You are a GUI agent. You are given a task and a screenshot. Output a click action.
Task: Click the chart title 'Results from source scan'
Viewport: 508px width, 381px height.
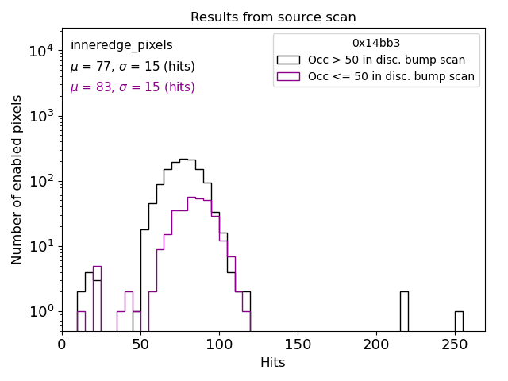(273, 17)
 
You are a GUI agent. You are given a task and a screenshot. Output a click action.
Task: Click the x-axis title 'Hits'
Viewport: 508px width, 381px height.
(273, 363)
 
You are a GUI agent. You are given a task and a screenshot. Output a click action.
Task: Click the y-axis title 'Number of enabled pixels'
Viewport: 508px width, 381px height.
(17, 179)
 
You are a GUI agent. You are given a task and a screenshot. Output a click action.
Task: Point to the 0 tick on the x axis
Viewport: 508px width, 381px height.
(62, 344)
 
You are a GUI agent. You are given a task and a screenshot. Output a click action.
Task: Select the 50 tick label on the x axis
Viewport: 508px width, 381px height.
(140, 344)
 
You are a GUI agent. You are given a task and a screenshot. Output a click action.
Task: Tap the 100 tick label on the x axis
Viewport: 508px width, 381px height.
(218, 344)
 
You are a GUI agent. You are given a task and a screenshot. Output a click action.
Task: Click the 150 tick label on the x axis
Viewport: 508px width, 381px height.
(297, 344)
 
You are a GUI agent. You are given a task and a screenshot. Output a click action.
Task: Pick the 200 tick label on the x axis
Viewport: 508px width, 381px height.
(375, 344)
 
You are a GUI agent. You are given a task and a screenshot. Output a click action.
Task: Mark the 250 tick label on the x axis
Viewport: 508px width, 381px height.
(454, 344)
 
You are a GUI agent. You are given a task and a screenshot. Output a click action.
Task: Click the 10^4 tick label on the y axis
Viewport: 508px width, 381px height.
(41, 52)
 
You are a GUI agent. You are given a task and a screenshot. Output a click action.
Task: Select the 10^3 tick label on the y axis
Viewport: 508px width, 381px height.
(41, 117)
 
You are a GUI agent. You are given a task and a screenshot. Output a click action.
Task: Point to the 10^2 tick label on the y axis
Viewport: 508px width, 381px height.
(41, 182)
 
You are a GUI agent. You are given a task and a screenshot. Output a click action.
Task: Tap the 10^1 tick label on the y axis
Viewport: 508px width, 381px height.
(41, 247)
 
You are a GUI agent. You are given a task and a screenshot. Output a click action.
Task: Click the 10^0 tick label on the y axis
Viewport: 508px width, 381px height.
(41, 311)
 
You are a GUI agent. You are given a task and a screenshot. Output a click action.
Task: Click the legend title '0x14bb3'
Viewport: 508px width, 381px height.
(376, 44)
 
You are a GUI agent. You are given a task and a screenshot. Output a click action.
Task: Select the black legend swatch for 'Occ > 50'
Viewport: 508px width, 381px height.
(288, 60)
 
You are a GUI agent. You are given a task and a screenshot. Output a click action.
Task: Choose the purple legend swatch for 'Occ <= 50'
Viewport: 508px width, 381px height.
(288, 76)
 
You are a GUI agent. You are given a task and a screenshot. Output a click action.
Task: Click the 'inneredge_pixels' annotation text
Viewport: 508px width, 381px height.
(121, 46)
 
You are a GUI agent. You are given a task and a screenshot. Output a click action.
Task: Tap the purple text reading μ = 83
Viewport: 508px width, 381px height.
(132, 87)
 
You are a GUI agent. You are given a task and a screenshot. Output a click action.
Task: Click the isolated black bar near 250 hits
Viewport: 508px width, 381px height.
(459, 321)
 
